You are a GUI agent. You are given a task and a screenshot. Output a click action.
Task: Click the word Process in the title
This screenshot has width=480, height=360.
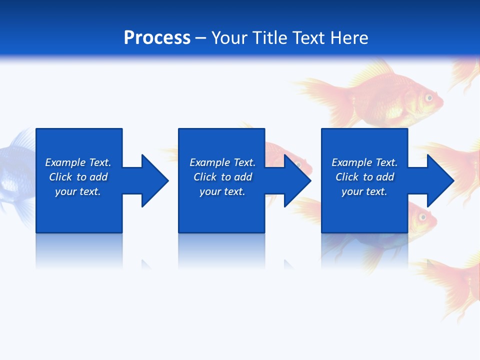point(157,38)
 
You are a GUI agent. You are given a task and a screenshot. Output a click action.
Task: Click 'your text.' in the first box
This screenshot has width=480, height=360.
point(78,191)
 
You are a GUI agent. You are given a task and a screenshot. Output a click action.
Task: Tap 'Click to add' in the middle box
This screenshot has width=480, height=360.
point(222,177)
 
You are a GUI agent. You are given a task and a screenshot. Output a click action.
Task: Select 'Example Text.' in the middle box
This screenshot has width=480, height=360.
point(222,162)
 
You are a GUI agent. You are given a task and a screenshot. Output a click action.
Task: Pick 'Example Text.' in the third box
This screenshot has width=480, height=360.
point(364,162)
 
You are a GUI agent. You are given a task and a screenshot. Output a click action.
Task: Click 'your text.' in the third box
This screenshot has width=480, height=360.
point(364,191)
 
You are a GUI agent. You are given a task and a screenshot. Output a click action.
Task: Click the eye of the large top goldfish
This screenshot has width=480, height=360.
point(428,98)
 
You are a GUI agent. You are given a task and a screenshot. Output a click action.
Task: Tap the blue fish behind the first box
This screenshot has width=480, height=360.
point(17,170)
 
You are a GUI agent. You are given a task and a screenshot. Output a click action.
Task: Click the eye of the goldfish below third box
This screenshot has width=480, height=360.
point(422,217)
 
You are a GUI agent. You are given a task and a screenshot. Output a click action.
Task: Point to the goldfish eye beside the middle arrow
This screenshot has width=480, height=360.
point(298,164)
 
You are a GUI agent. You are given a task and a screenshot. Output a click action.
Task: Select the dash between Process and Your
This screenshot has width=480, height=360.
point(200,38)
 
